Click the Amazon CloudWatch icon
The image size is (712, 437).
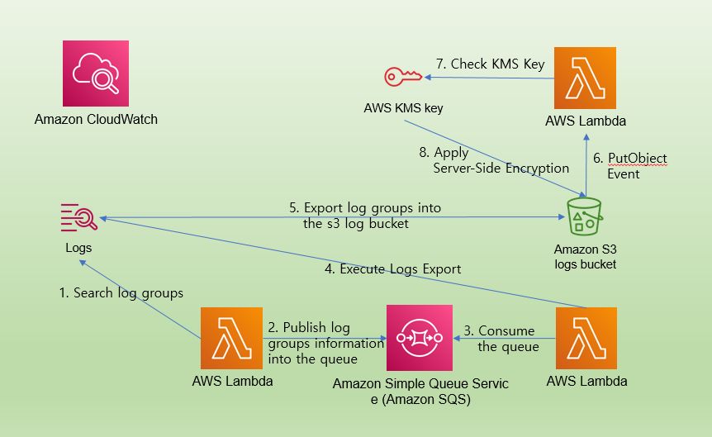(x=95, y=74)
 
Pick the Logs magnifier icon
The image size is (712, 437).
(x=79, y=217)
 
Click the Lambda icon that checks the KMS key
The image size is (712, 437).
(x=586, y=78)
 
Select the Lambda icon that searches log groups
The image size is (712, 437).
(x=232, y=338)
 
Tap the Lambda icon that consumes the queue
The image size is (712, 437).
(x=586, y=338)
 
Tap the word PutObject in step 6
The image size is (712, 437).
(x=637, y=158)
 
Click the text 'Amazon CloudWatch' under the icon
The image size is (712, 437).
(x=96, y=120)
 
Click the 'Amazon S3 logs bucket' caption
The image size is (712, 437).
(x=586, y=256)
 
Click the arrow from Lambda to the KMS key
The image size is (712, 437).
(x=487, y=78)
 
